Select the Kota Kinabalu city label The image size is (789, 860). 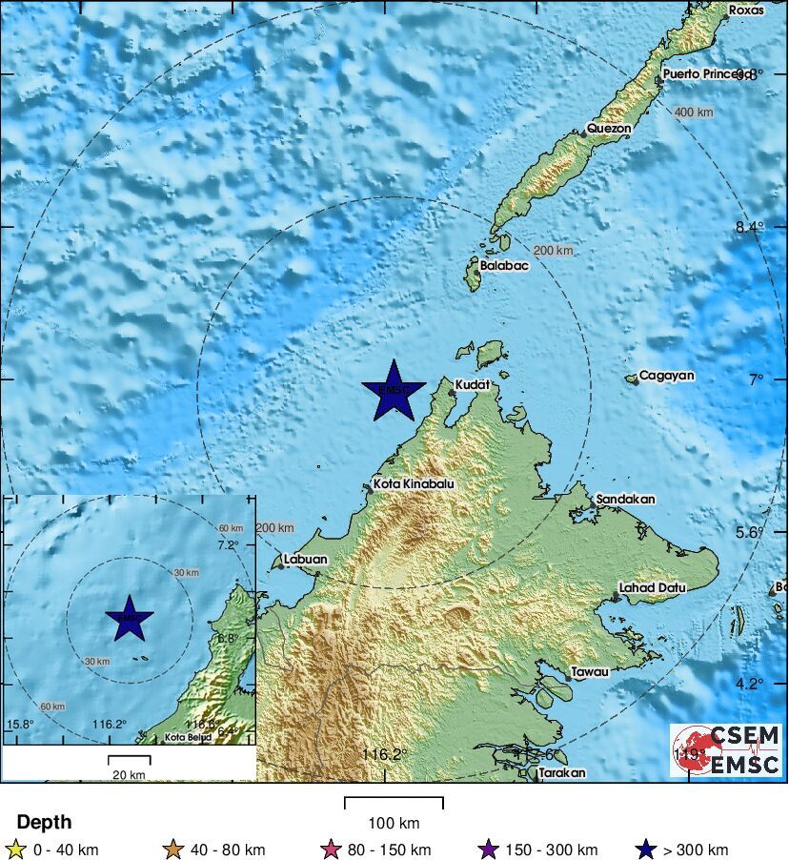(x=414, y=484)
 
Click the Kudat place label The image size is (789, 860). (x=473, y=384)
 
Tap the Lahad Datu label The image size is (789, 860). (x=653, y=588)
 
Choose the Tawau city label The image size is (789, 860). (x=590, y=671)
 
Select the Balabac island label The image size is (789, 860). (x=504, y=266)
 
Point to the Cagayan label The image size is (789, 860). (x=667, y=376)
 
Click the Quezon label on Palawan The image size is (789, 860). (x=609, y=128)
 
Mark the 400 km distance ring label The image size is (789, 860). (x=694, y=113)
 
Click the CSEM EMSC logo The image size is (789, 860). (x=725, y=749)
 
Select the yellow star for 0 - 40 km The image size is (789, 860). (x=15, y=850)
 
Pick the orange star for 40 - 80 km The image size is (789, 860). (x=172, y=850)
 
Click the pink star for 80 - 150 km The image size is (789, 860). (x=333, y=850)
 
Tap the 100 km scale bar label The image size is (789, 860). (x=394, y=823)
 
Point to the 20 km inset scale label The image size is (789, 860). (x=128, y=774)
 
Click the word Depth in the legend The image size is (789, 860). (x=44, y=822)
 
